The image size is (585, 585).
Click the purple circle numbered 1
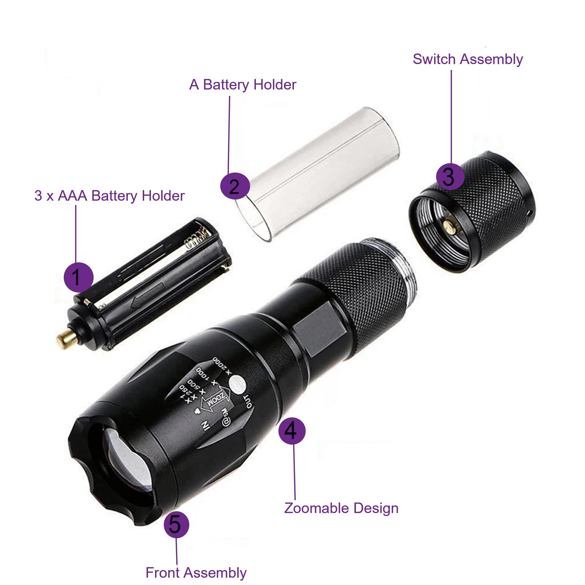coord(78,277)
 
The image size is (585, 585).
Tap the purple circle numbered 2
coord(235,186)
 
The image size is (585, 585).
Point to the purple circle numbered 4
coord(292,431)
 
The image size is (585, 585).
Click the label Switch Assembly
coord(467,59)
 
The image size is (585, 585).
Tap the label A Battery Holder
coord(242,85)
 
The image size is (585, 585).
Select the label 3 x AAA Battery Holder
coord(109,196)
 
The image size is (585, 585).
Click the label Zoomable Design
coord(341,508)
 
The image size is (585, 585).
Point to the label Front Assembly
coord(196,573)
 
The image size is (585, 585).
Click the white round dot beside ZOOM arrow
coord(238,385)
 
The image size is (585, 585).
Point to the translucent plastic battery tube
coord(318,173)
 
